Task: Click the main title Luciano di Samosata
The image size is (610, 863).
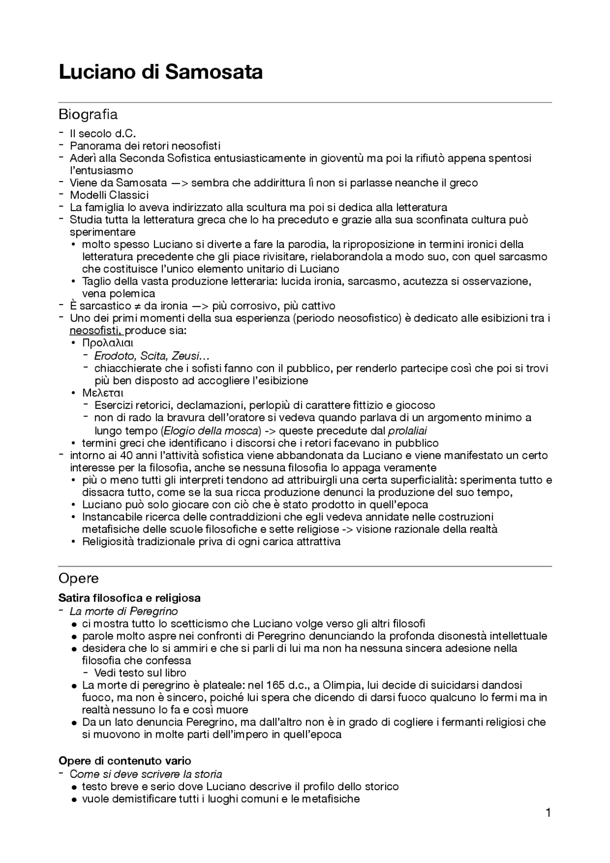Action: pos(161,72)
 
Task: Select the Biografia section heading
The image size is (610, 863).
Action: pos(88,115)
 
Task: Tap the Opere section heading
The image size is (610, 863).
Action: pos(79,579)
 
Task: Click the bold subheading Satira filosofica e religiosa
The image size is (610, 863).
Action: pos(129,598)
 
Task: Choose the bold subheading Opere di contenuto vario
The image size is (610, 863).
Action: pos(125,761)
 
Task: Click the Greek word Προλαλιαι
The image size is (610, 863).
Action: pos(108,343)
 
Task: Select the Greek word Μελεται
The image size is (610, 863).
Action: pos(103,393)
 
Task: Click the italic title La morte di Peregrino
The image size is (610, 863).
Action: pos(124,611)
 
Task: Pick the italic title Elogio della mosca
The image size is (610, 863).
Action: pos(212,431)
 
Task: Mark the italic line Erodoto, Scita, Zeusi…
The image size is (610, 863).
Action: pos(152,355)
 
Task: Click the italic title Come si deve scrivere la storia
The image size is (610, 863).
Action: pos(146,774)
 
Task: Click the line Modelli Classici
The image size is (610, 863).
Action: pos(110,195)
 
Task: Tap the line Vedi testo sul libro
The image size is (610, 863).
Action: pos(140,673)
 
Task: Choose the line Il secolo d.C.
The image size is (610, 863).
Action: pos(103,133)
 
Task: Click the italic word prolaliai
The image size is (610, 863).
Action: pos(407,431)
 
